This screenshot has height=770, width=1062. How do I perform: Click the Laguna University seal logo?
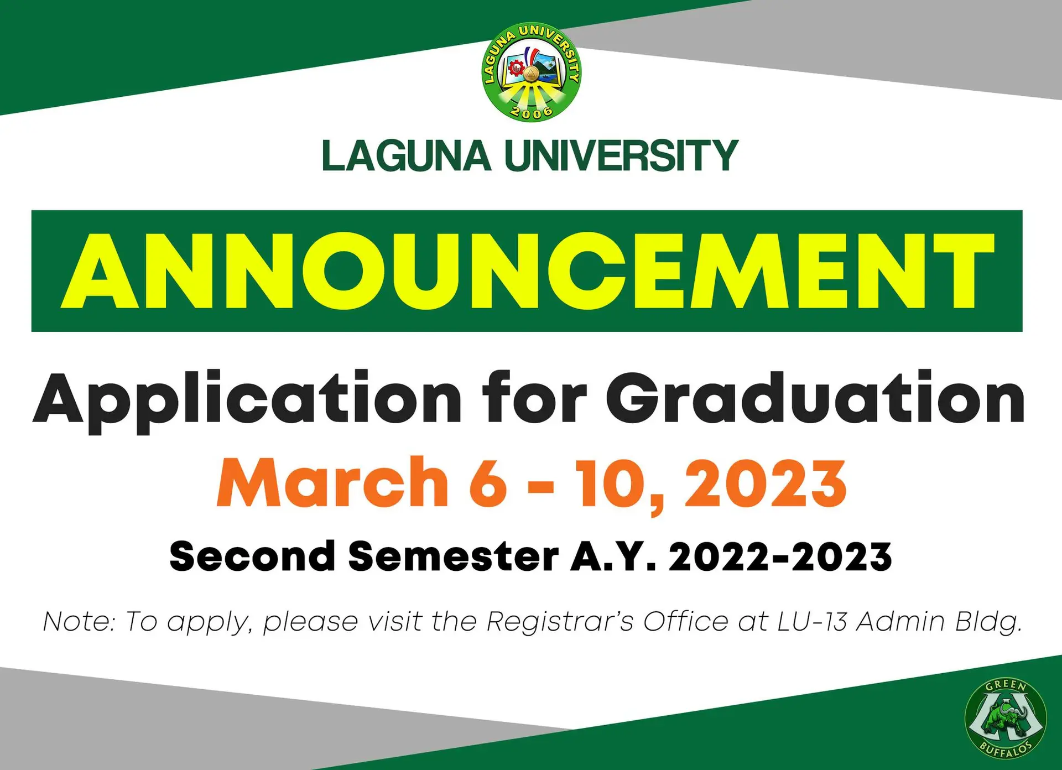(531, 72)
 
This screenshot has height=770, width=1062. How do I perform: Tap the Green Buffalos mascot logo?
(1005, 719)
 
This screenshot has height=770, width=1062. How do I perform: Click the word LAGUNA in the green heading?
(407, 156)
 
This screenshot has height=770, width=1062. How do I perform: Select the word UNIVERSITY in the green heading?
(621, 156)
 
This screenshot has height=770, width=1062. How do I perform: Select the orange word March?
(332, 482)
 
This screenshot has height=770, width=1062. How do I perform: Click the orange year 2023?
(766, 483)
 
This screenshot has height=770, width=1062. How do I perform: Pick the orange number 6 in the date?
(488, 483)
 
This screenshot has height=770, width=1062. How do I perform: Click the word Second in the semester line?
(252, 556)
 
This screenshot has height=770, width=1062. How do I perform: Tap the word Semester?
(454, 556)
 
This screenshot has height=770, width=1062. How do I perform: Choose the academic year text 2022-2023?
(780, 556)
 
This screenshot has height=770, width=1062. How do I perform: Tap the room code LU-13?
(813, 622)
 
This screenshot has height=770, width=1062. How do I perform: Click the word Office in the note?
(686, 622)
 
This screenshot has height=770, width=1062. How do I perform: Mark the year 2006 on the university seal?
(531, 112)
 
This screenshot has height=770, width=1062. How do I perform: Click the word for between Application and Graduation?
(534, 398)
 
